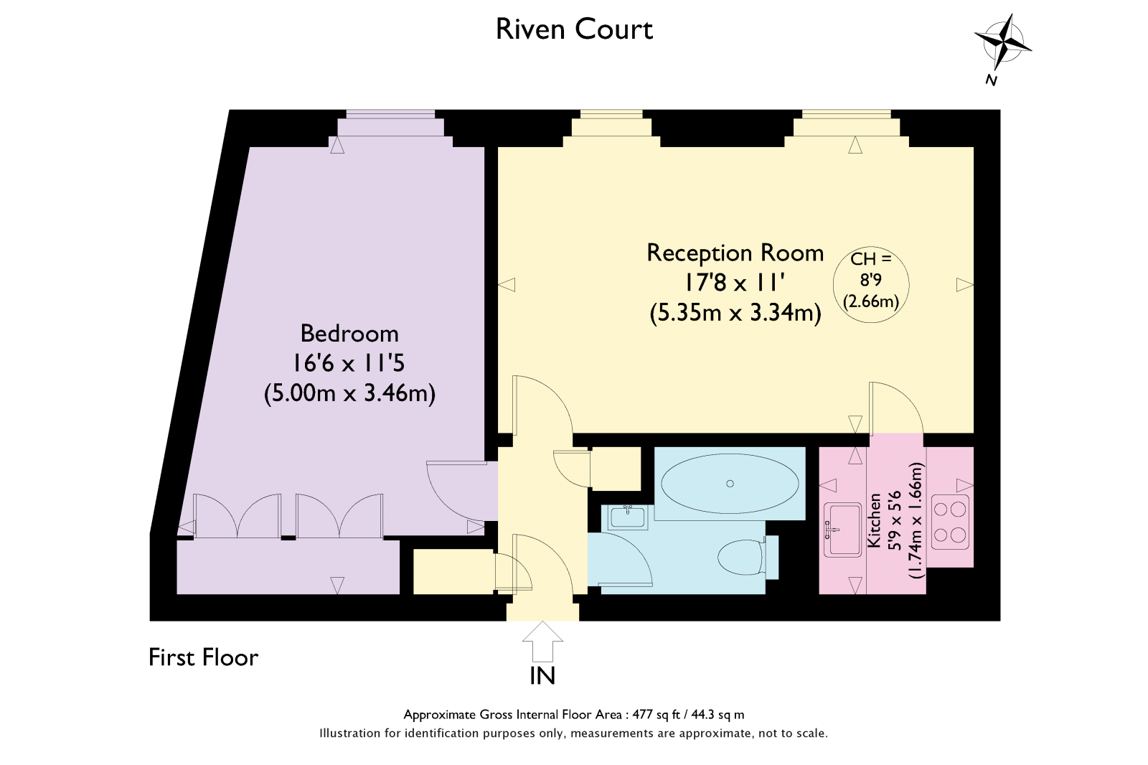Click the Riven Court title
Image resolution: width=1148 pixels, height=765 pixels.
click(x=574, y=29)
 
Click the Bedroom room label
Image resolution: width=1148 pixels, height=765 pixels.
click(x=349, y=334)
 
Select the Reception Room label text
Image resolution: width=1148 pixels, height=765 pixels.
click(x=735, y=253)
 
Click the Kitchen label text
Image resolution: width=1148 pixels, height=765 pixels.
click(x=874, y=520)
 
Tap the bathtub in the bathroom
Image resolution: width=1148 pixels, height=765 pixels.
click(x=729, y=484)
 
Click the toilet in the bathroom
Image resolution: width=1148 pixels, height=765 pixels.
click(x=742, y=558)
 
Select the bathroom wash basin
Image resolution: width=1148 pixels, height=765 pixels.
click(x=628, y=517)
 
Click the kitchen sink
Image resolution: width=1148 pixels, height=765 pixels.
click(x=842, y=530)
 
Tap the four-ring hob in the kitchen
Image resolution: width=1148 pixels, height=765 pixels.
click(x=949, y=522)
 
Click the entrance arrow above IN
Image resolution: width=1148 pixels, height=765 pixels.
click(x=542, y=640)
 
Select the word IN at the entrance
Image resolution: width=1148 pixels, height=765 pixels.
click(x=542, y=676)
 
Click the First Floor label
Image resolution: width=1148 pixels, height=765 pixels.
click(x=203, y=657)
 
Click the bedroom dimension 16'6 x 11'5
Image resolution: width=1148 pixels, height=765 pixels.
click(x=349, y=364)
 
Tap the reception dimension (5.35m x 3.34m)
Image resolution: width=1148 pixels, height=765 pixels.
click(x=735, y=313)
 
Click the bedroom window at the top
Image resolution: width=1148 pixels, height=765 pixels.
click(x=390, y=114)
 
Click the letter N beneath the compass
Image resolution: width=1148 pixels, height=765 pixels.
click(x=992, y=80)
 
